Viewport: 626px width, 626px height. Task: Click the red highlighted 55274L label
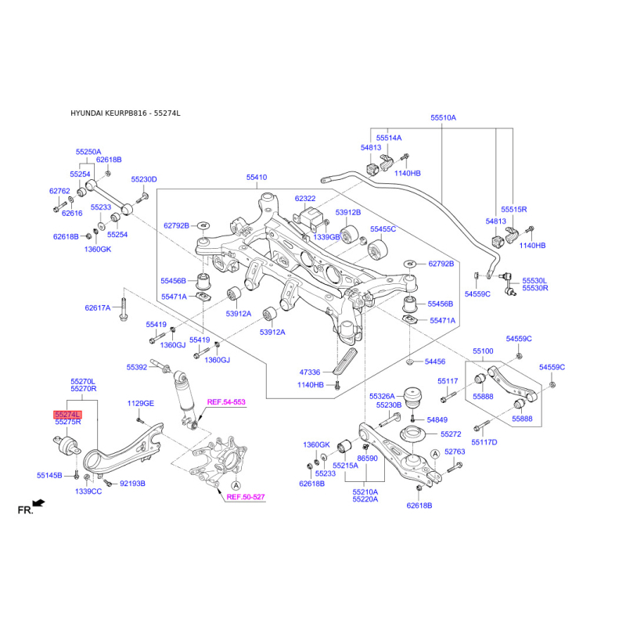[x=67, y=415]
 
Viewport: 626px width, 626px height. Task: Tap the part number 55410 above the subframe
[x=257, y=178]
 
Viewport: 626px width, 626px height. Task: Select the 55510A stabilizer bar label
[x=443, y=118]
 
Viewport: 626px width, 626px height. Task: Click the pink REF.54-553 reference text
[x=226, y=402]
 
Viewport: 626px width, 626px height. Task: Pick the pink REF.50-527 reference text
[x=246, y=497]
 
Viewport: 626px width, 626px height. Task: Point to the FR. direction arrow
[x=38, y=503]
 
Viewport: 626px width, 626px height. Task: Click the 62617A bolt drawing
[x=124, y=309]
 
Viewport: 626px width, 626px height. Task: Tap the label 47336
[x=310, y=372]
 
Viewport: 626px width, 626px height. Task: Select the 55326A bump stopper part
[x=414, y=398]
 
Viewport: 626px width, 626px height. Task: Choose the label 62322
[x=305, y=199]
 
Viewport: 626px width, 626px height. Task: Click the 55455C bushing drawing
[x=377, y=250]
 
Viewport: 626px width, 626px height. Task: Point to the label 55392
[x=137, y=367]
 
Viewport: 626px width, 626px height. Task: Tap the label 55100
[x=483, y=351]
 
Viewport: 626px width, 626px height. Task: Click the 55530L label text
[x=534, y=281]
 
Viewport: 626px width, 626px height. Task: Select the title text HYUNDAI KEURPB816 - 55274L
[x=125, y=113]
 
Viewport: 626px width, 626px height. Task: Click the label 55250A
[x=88, y=152]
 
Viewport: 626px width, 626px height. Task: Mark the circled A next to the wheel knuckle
[x=236, y=485]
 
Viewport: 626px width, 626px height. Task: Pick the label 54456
[x=435, y=362]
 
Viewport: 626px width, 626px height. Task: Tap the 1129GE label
[x=141, y=403]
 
